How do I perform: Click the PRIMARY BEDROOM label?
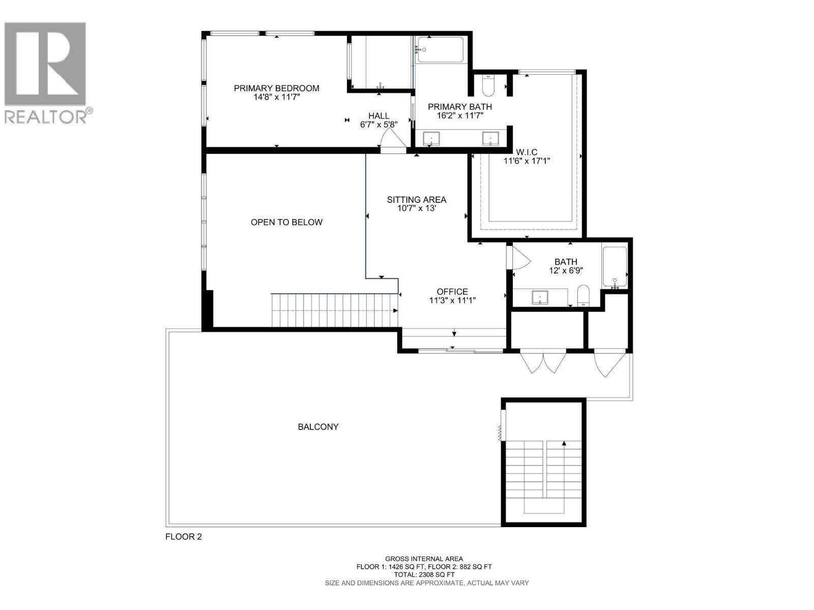coord(276,88)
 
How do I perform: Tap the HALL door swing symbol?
coord(392,138)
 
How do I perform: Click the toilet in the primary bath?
coord(488,86)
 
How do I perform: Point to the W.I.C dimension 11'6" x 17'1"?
coord(527,161)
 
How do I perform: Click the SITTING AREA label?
coord(416,200)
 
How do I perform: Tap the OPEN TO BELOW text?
coord(286,222)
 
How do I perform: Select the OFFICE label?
coord(452,292)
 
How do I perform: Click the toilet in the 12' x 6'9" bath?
coord(584,295)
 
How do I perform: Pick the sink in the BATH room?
coord(540,297)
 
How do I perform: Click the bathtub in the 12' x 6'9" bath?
coord(615,267)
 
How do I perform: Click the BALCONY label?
coord(318,427)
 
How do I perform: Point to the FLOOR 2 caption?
coord(183,537)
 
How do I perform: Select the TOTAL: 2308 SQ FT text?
coord(424,574)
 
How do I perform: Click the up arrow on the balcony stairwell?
coord(564,443)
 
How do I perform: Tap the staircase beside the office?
coord(334,311)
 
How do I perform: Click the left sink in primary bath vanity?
coord(431,138)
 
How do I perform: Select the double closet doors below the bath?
coord(543,362)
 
